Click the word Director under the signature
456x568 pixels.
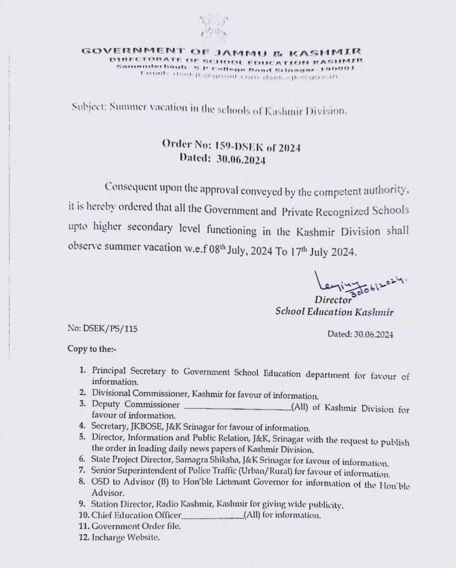pyautogui.click(x=333, y=300)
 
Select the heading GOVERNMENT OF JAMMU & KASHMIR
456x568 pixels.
pyautogui.click(x=221, y=52)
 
